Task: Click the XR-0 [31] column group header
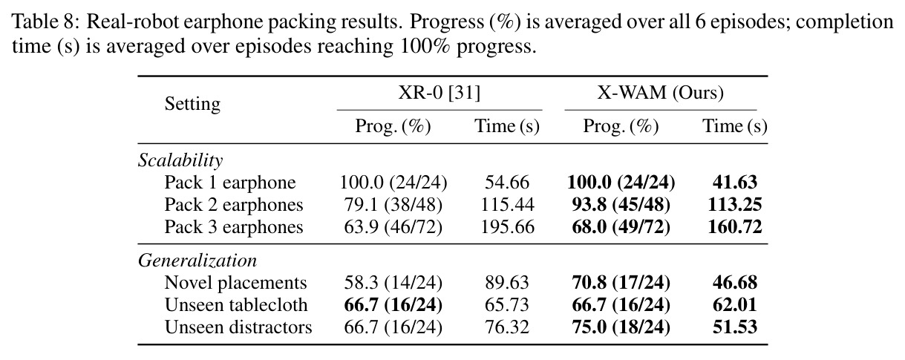point(440,93)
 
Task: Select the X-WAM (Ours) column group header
point(661,93)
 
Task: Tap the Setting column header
point(192,104)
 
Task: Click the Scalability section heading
point(180,160)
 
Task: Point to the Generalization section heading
point(197,261)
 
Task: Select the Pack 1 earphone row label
point(230,183)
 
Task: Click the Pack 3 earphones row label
point(234,227)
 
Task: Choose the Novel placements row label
point(235,283)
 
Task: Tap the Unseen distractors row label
point(238,327)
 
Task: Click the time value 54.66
point(507,183)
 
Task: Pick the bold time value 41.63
point(735,183)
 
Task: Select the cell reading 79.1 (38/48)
point(393,205)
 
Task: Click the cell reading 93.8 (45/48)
point(621,205)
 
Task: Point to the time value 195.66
point(507,227)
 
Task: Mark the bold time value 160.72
point(735,227)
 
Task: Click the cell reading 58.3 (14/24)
point(393,283)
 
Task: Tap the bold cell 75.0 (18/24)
point(621,327)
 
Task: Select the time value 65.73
point(507,305)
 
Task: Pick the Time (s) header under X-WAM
point(735,126)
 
